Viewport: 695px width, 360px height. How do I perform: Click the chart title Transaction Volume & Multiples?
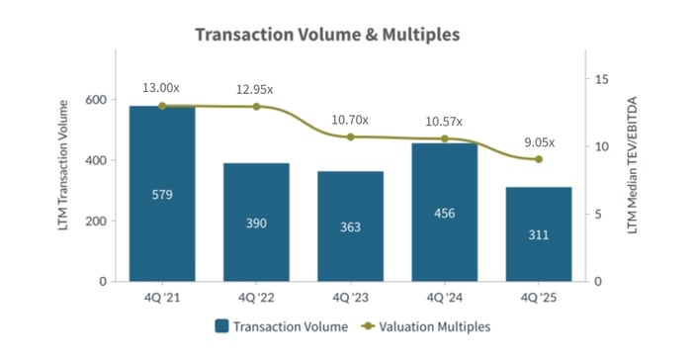326,35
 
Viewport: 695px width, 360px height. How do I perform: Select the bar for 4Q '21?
162,194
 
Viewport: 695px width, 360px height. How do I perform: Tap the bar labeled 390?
256,223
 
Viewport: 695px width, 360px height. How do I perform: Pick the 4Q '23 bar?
350,226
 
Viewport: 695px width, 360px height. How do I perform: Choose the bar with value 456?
444,213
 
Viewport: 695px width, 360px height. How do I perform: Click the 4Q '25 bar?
538,234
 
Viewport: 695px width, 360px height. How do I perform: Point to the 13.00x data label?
162,86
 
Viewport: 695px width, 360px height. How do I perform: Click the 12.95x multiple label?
255,89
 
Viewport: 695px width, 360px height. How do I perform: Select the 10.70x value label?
350,120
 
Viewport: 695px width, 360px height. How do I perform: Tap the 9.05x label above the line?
538,140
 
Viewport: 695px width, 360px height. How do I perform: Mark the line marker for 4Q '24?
444,138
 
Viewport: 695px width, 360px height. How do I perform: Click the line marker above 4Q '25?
538,159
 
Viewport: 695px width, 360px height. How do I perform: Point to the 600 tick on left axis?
96,100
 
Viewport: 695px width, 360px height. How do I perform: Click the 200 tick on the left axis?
96,222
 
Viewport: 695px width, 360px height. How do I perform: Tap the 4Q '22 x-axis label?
256,296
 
